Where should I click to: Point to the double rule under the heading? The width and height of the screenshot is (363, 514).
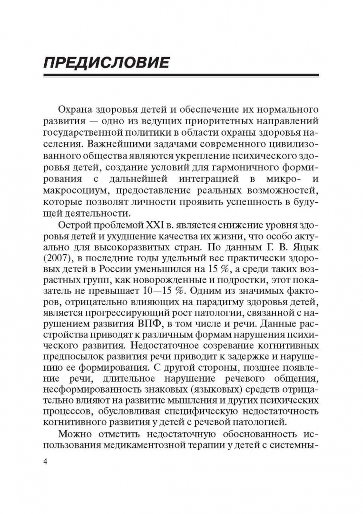(181, 75)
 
